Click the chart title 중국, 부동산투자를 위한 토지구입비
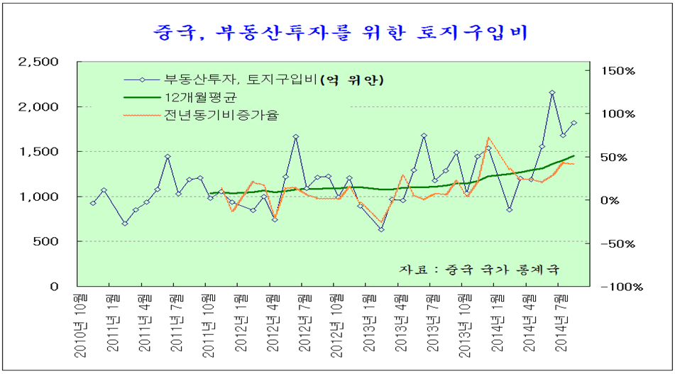(x=339, y=32)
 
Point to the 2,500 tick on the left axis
(x=38, y=62)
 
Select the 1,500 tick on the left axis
(x=40, y=152)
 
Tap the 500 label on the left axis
(x=47, y=241)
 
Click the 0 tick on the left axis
(x=54, y=286)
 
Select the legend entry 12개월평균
(x=195, y=97)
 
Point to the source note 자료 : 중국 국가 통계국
(x=480, y=270)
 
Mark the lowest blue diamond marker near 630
(x=381, y=229)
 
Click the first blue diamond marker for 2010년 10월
(x=93, y=203)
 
